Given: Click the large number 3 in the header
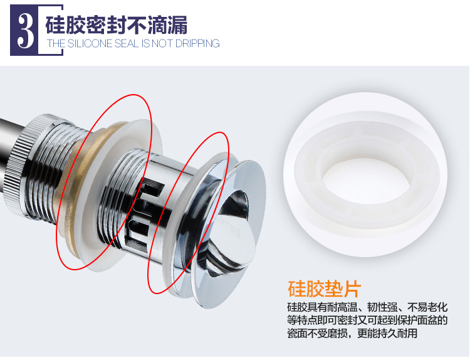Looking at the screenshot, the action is [x=25, y=30].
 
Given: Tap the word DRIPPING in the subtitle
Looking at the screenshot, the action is [x=197, y=43].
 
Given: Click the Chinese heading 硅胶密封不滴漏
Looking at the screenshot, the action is [x=117, y=24].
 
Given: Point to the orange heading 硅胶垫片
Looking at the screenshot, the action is [x=325, y=289].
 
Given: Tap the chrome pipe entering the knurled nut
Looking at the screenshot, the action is [x=9, y=135].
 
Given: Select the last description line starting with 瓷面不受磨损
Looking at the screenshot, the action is [x=352, y=333].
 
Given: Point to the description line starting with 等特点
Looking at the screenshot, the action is [x=367, y=320].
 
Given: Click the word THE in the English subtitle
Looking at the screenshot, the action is [x=56, y=43].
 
